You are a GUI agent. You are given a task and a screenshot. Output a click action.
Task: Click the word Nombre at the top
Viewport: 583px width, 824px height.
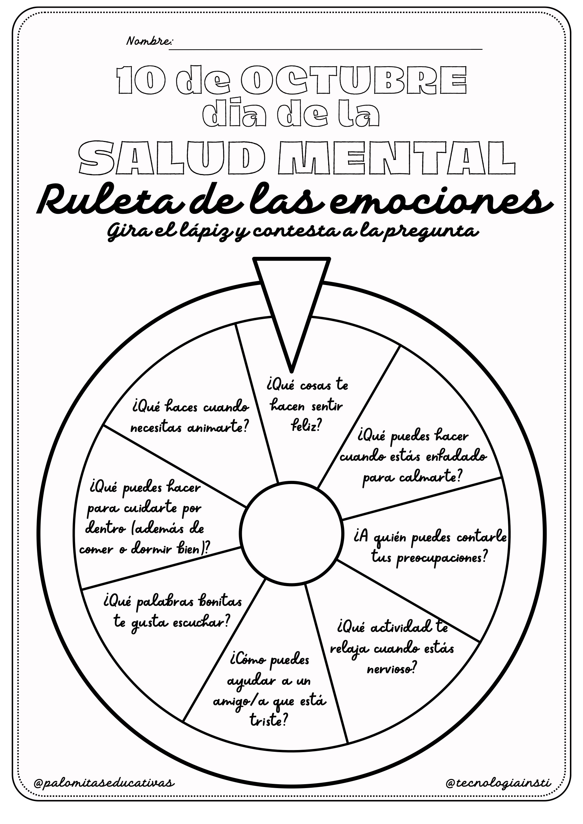tap(149, 41)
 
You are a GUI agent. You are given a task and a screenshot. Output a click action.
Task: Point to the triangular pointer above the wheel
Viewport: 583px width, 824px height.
tap(291, 294)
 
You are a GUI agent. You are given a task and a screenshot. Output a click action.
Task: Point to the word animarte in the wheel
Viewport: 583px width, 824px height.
tap(218, 428)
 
